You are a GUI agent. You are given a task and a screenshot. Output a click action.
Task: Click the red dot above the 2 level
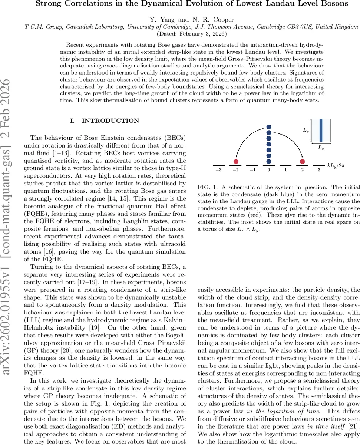coord(302,161)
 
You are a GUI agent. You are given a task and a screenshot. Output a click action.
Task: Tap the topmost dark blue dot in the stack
coord(269,128)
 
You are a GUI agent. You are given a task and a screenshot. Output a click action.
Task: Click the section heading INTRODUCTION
coord(110,121)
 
